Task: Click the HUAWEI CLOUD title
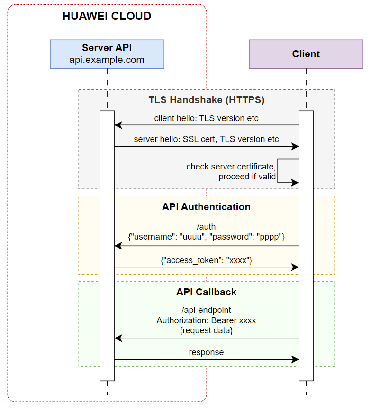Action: tap(107, 17)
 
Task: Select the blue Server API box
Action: tap(107, 54)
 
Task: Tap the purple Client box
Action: tap(306, 54)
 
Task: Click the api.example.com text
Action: tap(107, 60)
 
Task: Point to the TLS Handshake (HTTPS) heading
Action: tap(207, 100)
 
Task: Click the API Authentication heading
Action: tap(207, 207)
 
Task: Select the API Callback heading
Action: tap(207, 292)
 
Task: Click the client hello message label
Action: tap(207, 118)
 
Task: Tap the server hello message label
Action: tap(207, 139)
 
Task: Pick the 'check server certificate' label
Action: tap(231, 167)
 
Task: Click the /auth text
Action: tap(207, 227)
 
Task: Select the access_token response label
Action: tap(207, 260)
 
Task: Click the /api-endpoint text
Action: tap(207, 311)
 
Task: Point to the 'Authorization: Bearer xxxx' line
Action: tap(207, 320)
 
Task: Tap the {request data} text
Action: tap(207, 331)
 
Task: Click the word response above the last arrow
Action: tap(207, 352)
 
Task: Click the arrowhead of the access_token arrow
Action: tap(295, 267)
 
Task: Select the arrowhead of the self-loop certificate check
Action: tap(295, 182)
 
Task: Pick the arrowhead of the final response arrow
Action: tap(295, 360)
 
